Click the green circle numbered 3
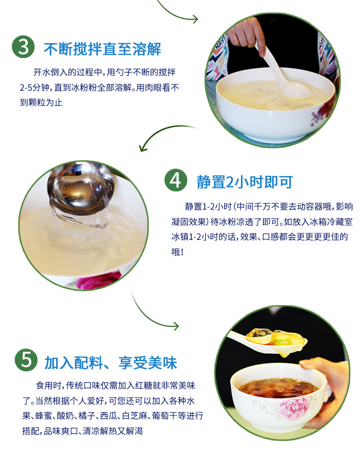(23, 47)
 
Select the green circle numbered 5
(26, 360)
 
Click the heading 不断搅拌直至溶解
(102, 49)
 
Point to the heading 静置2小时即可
(244, 182)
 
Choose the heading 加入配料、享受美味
(111, 363)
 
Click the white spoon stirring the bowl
(284, 76)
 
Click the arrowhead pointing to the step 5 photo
(176, 326)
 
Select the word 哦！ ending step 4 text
(178, 252)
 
